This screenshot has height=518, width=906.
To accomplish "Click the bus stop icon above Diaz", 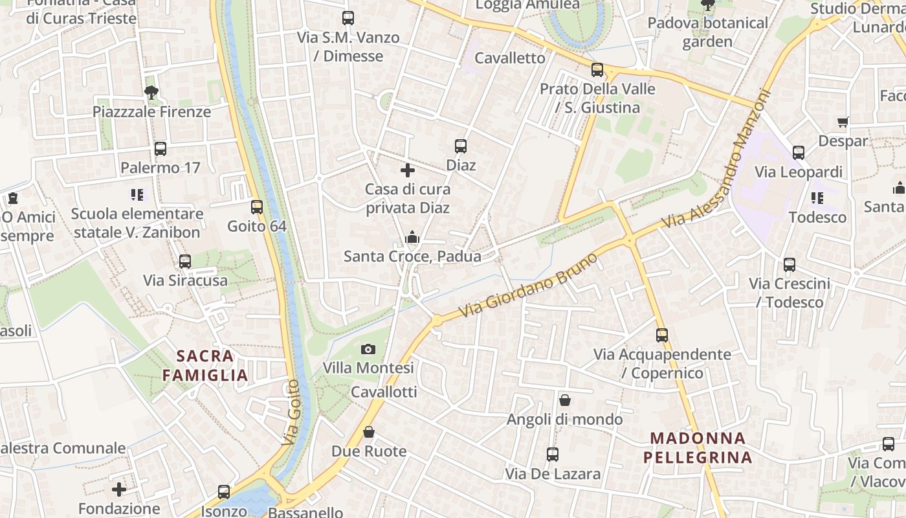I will [x=461, y=146].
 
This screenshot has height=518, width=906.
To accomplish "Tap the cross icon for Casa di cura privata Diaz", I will [x=408, y=171].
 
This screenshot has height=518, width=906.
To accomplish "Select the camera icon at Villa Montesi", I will [x=368, y=350].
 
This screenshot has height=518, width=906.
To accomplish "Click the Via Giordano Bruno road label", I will [x=528, y=285].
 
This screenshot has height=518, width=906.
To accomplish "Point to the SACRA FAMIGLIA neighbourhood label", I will [x=205, y=365].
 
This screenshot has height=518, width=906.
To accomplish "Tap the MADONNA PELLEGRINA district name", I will [x=698, y=448].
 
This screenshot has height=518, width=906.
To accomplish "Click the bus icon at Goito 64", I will [x=257, y=207].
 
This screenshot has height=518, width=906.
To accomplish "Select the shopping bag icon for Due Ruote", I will [x=369, y=432].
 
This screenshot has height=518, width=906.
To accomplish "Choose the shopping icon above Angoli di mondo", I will [x=565, y=400].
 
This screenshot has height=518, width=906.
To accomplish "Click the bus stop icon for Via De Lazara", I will [x=553, y=455].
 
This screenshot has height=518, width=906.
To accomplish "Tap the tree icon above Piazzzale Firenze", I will [x=152, y=92].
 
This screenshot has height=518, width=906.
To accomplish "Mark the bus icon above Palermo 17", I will [x=160, y=149].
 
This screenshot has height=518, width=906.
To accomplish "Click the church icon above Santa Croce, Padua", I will [x=412, y=238].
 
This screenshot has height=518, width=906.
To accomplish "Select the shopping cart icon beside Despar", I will [x=843, y=122].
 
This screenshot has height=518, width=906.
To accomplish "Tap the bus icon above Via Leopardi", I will [x=799, y=153].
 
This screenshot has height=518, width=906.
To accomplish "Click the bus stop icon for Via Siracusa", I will [x=185, y=262].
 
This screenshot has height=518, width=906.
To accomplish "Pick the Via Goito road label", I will [x=291, y=412].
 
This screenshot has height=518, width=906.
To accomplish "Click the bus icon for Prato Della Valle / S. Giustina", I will [x=597, y=70].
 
